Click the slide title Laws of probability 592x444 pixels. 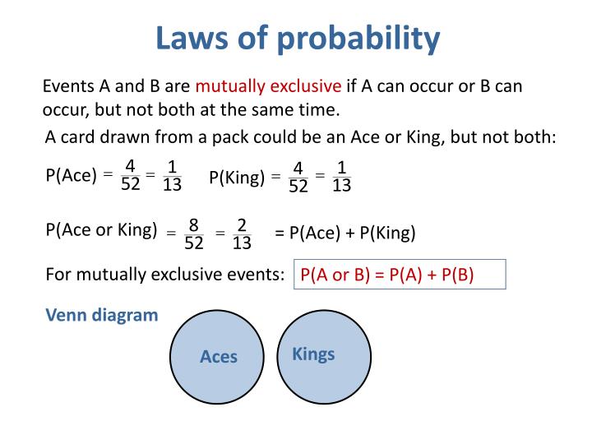(x=298, y=38)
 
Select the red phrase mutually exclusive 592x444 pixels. (x=268, y=86)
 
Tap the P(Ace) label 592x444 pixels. (x=71, y=174)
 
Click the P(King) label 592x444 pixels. (x=237, y=177)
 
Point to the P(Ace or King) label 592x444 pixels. (x=101, y=230)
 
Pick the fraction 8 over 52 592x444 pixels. (x=194, y=234)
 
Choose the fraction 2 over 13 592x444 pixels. (x=242, y=234)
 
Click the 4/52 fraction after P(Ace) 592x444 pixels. (x=131, y=174)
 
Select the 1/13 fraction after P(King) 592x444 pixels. (x=342, y=177)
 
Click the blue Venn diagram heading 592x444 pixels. (x=102, y=315)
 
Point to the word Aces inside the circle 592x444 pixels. (x=219, y=357)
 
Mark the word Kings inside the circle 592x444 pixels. (x=313, y=354)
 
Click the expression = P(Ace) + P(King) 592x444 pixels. (x=345, y=233)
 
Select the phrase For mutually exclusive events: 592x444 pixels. (x=165, y=275)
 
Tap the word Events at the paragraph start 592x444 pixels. (x=67, y=86)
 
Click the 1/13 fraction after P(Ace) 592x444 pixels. (x=172, y=174)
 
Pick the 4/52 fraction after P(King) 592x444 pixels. (x=298, y=177)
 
